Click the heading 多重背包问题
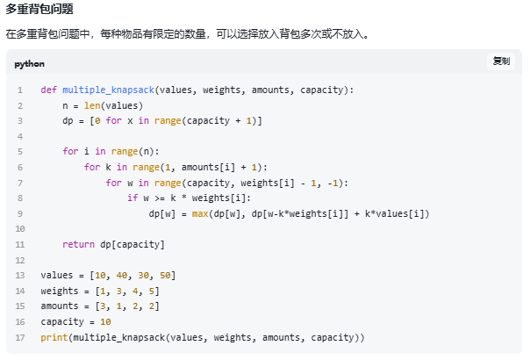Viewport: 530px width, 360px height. [39, 10]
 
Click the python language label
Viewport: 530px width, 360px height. [29, 64]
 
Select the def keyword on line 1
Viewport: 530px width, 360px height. [48, 90]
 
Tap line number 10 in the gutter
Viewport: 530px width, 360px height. [19, 228]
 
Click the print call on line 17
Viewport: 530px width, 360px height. [54, 337]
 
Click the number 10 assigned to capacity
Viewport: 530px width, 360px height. [105, 321]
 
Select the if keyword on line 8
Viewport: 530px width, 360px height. [132, 198]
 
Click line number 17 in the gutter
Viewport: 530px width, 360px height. [19, 337]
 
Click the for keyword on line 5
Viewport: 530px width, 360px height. [70, 151]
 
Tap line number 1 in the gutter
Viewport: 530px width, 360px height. [19, 90]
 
